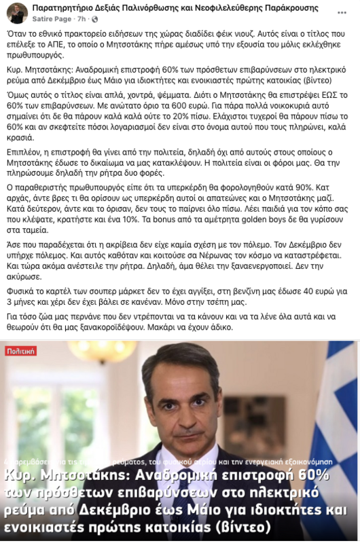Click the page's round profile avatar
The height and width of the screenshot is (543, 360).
tap(16, 12)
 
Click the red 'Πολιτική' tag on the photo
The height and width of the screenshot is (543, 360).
tap(21, 351)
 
